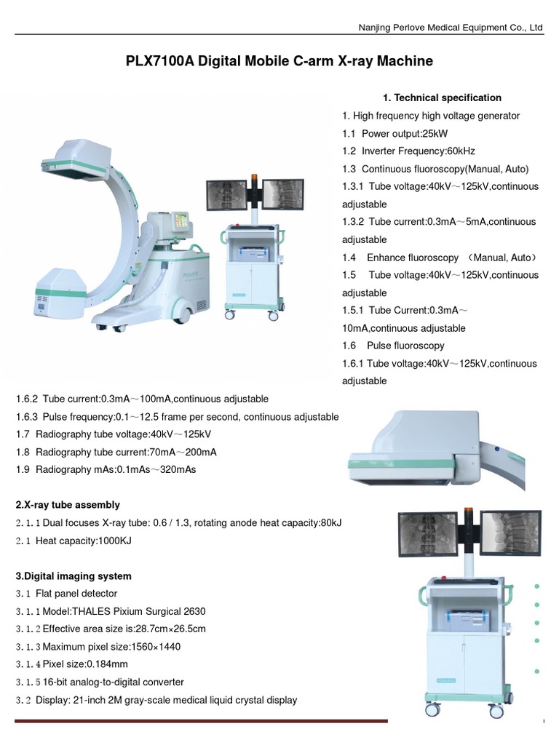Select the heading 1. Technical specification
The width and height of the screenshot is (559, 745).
[442, 97]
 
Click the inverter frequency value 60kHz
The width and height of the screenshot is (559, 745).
[460, 151]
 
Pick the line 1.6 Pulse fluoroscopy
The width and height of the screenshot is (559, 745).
[393, 346]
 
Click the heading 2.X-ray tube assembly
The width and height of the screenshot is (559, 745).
[68, 505]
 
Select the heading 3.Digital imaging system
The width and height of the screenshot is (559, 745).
[74, 576]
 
